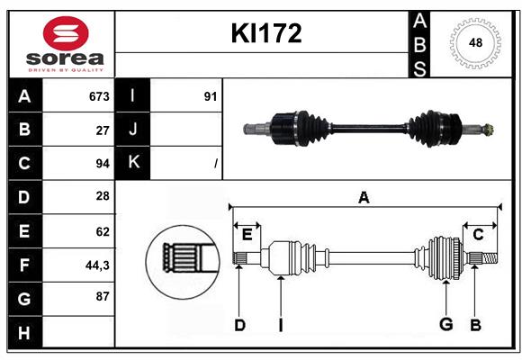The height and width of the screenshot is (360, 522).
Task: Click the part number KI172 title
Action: click(x=265, y=33)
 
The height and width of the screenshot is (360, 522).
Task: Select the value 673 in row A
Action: click(x=99, y=96)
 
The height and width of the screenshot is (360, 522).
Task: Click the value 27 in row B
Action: click(x=102, y=130)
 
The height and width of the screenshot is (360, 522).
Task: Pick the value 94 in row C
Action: click(x=102, y=164)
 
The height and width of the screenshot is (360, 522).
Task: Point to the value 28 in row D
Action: click(x=102, y=196)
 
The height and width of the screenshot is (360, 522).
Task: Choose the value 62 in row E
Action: click(x=102, y=230)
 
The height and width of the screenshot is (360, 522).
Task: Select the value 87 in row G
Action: click(x=102, y=296)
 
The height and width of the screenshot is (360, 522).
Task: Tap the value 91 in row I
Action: click(x=210, y=96)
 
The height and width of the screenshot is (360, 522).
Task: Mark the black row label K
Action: click(x=133, y=163)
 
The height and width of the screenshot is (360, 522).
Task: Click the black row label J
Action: click(x=133, y=130)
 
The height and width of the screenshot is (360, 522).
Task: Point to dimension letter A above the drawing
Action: click(x=364, y=198)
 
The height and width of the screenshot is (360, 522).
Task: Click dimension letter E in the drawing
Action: click(x=247, y=234)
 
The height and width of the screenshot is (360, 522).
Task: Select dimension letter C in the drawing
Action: click(x=478, y=234)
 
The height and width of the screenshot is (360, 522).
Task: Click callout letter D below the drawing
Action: click(x=239, y=325)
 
